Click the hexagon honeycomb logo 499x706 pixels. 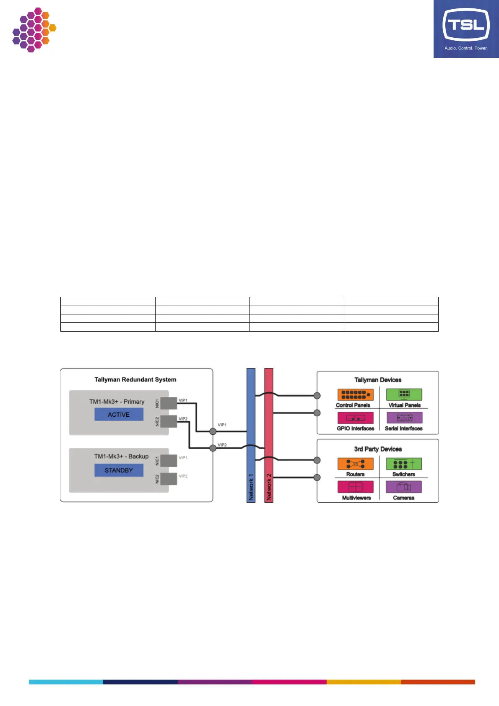[x=34, y=29]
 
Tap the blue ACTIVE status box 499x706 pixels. [x=119, y=415]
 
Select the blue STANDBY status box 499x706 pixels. [x=119, y=470]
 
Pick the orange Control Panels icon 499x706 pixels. [x=355, y=395]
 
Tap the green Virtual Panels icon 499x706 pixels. [x=404, y=395]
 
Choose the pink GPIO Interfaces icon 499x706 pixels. [x=355, y=418]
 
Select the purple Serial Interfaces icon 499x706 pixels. [x=404, y=418]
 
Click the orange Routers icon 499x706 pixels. [x=355, y=464]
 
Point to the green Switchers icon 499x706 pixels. [x=404, y=464]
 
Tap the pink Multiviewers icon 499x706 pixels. [x=355, y=487]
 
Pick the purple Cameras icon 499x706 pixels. [x=404, y=487]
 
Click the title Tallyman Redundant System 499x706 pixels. [x=135, y=379]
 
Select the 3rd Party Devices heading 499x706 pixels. [x=378, y=449]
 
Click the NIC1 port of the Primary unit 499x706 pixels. [x=169, y=403]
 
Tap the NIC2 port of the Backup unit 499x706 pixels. [x=169, y=479]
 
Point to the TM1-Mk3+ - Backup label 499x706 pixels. [x=121, y=456]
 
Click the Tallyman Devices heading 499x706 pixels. [x=378, y=380]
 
